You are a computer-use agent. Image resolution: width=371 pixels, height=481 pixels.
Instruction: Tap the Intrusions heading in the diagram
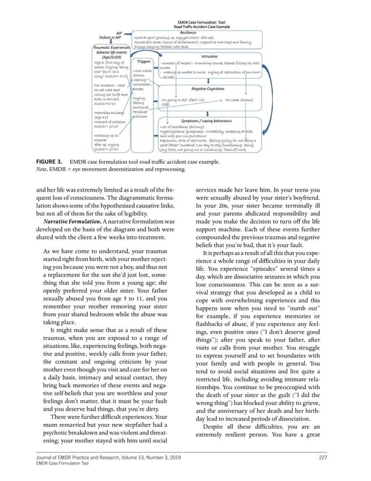click(x=209, y=56)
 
